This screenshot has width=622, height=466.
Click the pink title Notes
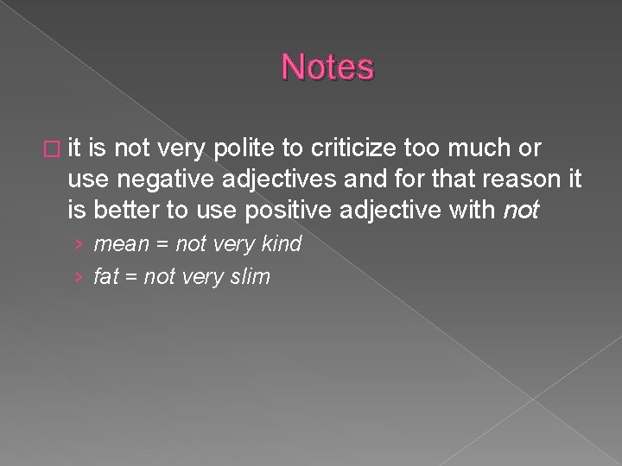[327, 67]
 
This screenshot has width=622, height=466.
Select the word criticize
[353, 149]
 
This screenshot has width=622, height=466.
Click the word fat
[105, 277]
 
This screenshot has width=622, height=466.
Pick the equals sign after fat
[130, 277]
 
